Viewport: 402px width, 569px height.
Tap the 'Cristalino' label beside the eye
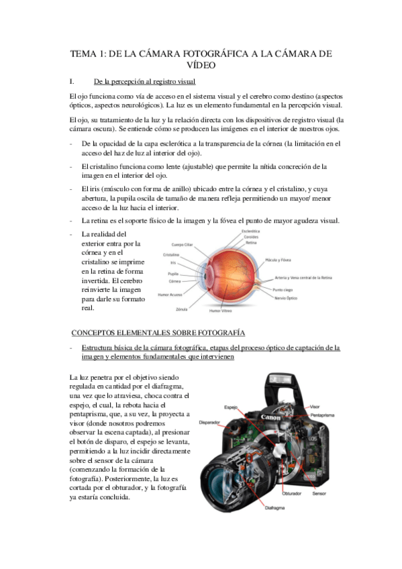tap(171, 255)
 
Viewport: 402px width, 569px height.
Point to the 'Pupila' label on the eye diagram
tap(172, 274)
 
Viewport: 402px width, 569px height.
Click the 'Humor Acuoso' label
tap(170, 295)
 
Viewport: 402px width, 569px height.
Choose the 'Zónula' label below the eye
tap(181, 309)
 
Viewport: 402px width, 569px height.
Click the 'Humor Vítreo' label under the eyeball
tap(221, 311)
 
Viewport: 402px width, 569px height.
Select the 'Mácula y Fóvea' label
tap(278, 259)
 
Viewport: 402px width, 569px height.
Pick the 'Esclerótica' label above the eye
tap(250, 231)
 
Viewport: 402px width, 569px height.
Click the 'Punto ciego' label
tap(283, 289)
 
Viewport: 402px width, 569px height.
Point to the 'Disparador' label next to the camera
tap(210, 423)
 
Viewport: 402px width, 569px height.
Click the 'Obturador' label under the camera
tap(291, 493)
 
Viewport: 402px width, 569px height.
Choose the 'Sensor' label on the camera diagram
tap(319, 493)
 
